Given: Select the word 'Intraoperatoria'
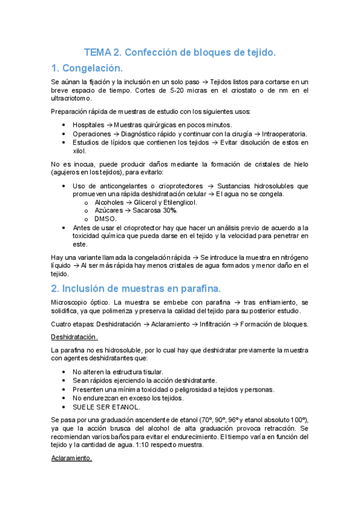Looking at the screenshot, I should pos(286,134).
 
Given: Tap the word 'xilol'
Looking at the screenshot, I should pos(80,151).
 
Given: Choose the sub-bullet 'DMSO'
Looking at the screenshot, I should pos(106,219).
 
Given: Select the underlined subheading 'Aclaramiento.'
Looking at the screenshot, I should pos(72,458).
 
